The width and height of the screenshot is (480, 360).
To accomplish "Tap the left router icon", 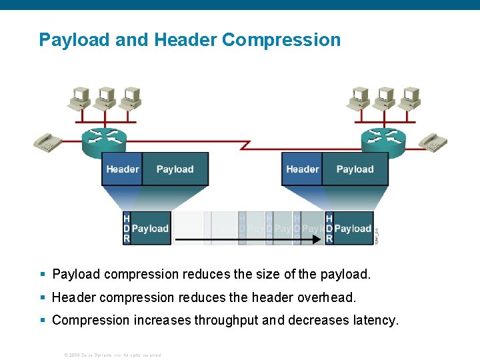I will tap(104, 138).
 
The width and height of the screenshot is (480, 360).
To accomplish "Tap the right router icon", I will tap(383, 139).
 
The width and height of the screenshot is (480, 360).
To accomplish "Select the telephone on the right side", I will tap(433, 142).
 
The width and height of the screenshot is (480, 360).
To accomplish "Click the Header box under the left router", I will tap(123, 169).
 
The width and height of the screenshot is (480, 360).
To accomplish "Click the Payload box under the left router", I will tap(175, 169).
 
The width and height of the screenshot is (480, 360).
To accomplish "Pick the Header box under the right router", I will tap(302, 169).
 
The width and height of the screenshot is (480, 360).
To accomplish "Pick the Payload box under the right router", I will tap(355, 169).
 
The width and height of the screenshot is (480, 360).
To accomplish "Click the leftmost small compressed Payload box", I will tap(151, 229).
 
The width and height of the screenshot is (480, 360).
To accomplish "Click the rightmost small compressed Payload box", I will tap(353, 229).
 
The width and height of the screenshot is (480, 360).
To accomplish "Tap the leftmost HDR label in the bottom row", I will tap(127, 229).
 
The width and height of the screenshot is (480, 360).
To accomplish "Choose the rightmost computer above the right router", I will tap(409, 97).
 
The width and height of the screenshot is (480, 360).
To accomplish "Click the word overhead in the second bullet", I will tap(330, 297).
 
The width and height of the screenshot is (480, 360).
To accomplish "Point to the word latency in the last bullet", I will tap(375, 320).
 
